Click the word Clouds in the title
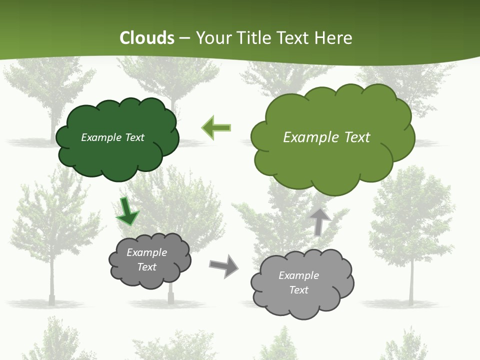pyautogui.click(x=146, y=38)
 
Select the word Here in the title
pyautogui.click(x=334, y=38)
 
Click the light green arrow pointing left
pyautogui.click(x=216, y=127)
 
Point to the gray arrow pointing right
pyautogui.click(x=223, y=265)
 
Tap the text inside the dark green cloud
pyautogui.click(x=112, y=137)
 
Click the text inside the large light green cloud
pyautogui.click(x=326, y=137)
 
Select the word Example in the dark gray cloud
pyautogui.click(x=146, y=252)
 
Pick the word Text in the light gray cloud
pyautogui.click(x=298, y=290)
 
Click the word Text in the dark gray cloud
pyautogui.click(x=146, y=267)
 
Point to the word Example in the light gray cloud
pyautogui.click(x=298, y=275)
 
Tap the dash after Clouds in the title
pyautogui.click(x=184, y=38)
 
